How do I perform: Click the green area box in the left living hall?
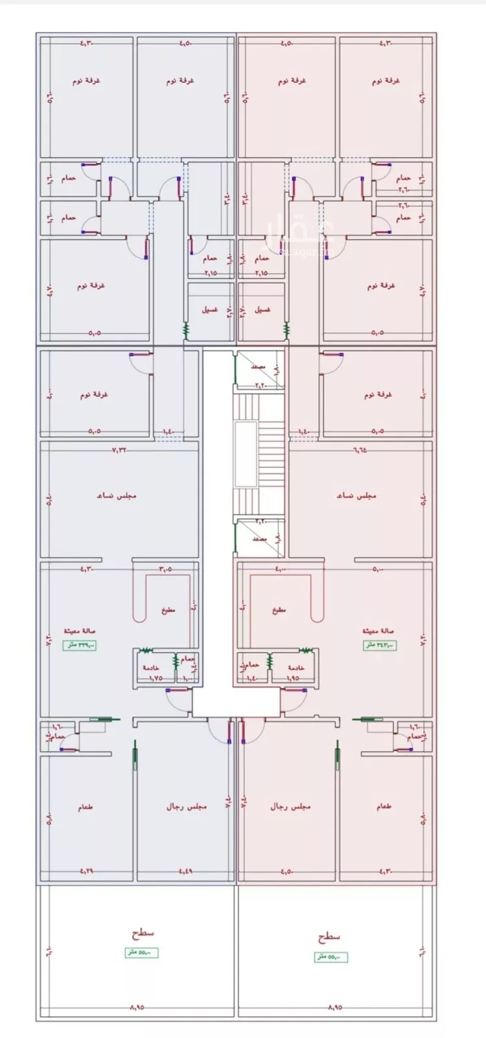[x=80, y=645]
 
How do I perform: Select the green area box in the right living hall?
[x=379, y=645]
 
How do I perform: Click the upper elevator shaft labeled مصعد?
[x=259, y=369]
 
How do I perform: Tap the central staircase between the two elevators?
[x=259, y=453]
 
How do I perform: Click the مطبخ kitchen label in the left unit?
[x=168, y=610]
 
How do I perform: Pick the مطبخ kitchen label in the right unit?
[x=279, y=610]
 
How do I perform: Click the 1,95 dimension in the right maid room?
[x=292, y=678]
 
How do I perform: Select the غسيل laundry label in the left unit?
[x=209, y=310]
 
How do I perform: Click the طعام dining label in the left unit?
[x=85, y=807]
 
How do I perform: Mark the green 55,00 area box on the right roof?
[x=331, y=957]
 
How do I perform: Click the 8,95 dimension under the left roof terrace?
[x=137, y=1008]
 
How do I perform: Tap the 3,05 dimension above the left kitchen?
[x=165, y=569]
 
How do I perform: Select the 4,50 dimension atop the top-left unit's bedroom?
[x=185, y=44]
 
